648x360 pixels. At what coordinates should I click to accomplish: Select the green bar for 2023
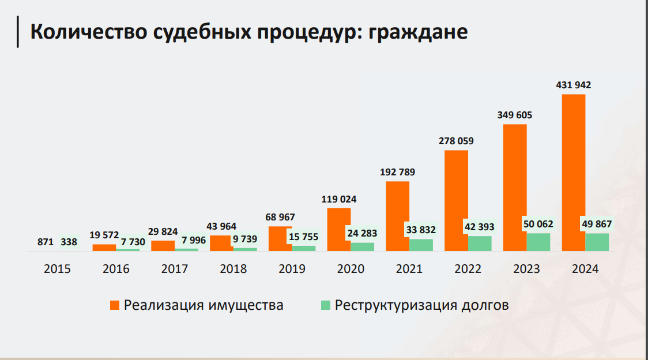(538, 242)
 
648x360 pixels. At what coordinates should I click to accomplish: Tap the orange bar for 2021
(397, 216)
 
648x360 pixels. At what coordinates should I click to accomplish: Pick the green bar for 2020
(362, 247)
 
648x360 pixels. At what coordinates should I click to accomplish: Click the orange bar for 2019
(280, 239)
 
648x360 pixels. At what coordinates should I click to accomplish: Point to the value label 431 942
(573, 85)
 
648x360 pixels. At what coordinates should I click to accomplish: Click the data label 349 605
(515, 115)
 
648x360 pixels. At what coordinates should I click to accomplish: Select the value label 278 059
(456, 141)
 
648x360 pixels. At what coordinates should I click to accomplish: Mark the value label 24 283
(363, 234)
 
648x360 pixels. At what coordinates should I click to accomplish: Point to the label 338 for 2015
(69, 242)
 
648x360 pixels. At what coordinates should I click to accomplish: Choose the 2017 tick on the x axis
(175, 269)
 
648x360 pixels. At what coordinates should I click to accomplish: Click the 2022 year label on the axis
(468, 269)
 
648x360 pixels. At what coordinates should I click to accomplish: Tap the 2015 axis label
(58, 269)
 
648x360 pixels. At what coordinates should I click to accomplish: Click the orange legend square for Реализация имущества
(114, 305)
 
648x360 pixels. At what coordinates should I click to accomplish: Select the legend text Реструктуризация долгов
(422, 305)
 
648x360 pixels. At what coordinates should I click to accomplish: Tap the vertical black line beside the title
(18, 32)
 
